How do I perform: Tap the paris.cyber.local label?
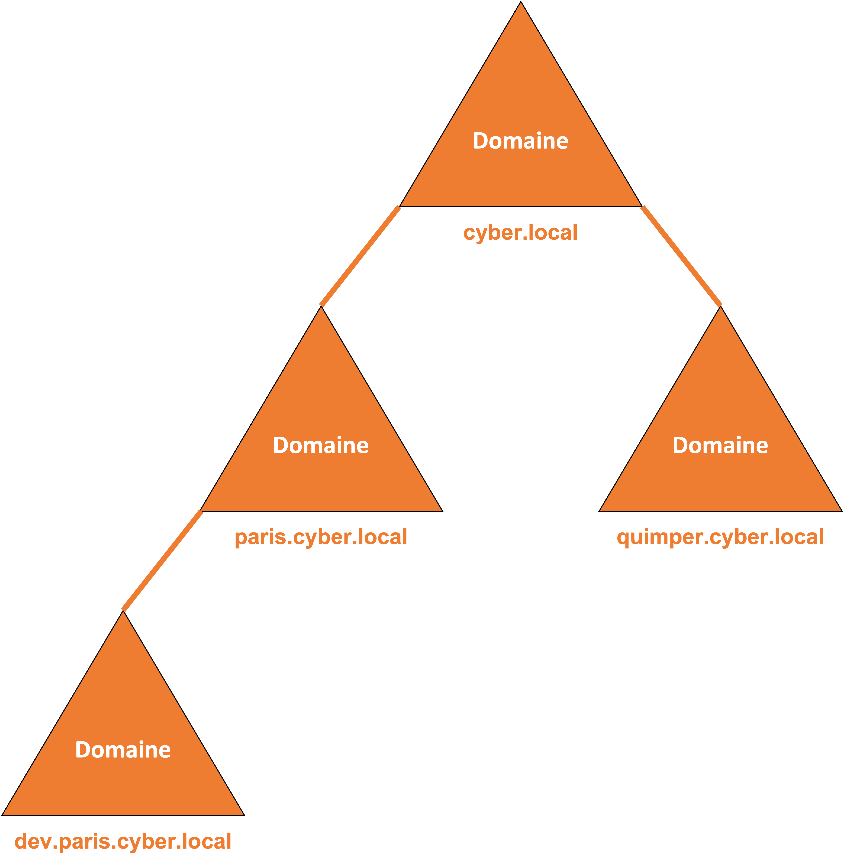coord(321,537)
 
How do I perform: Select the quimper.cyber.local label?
coord(720,537)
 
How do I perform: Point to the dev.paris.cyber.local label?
coord(123,841)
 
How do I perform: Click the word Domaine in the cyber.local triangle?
coord(521,141)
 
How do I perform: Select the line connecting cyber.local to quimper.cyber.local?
coord(681,256)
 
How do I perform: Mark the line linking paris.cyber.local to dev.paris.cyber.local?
coord(163,561)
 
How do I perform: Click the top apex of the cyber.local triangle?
coord(521,2)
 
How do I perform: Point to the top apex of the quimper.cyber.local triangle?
coord(720,306)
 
